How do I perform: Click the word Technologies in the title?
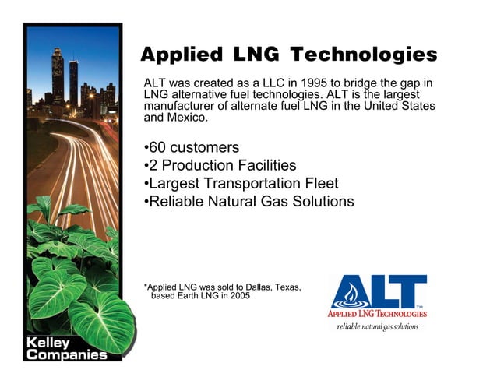363,55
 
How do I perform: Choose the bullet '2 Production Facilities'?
220,166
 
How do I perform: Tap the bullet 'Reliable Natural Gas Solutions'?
249,202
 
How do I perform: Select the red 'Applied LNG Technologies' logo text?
377,314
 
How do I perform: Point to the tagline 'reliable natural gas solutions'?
377,327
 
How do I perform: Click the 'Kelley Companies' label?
65,349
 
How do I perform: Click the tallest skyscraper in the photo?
58,74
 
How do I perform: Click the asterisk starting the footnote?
146,286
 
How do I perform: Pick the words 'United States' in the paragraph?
397,106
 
